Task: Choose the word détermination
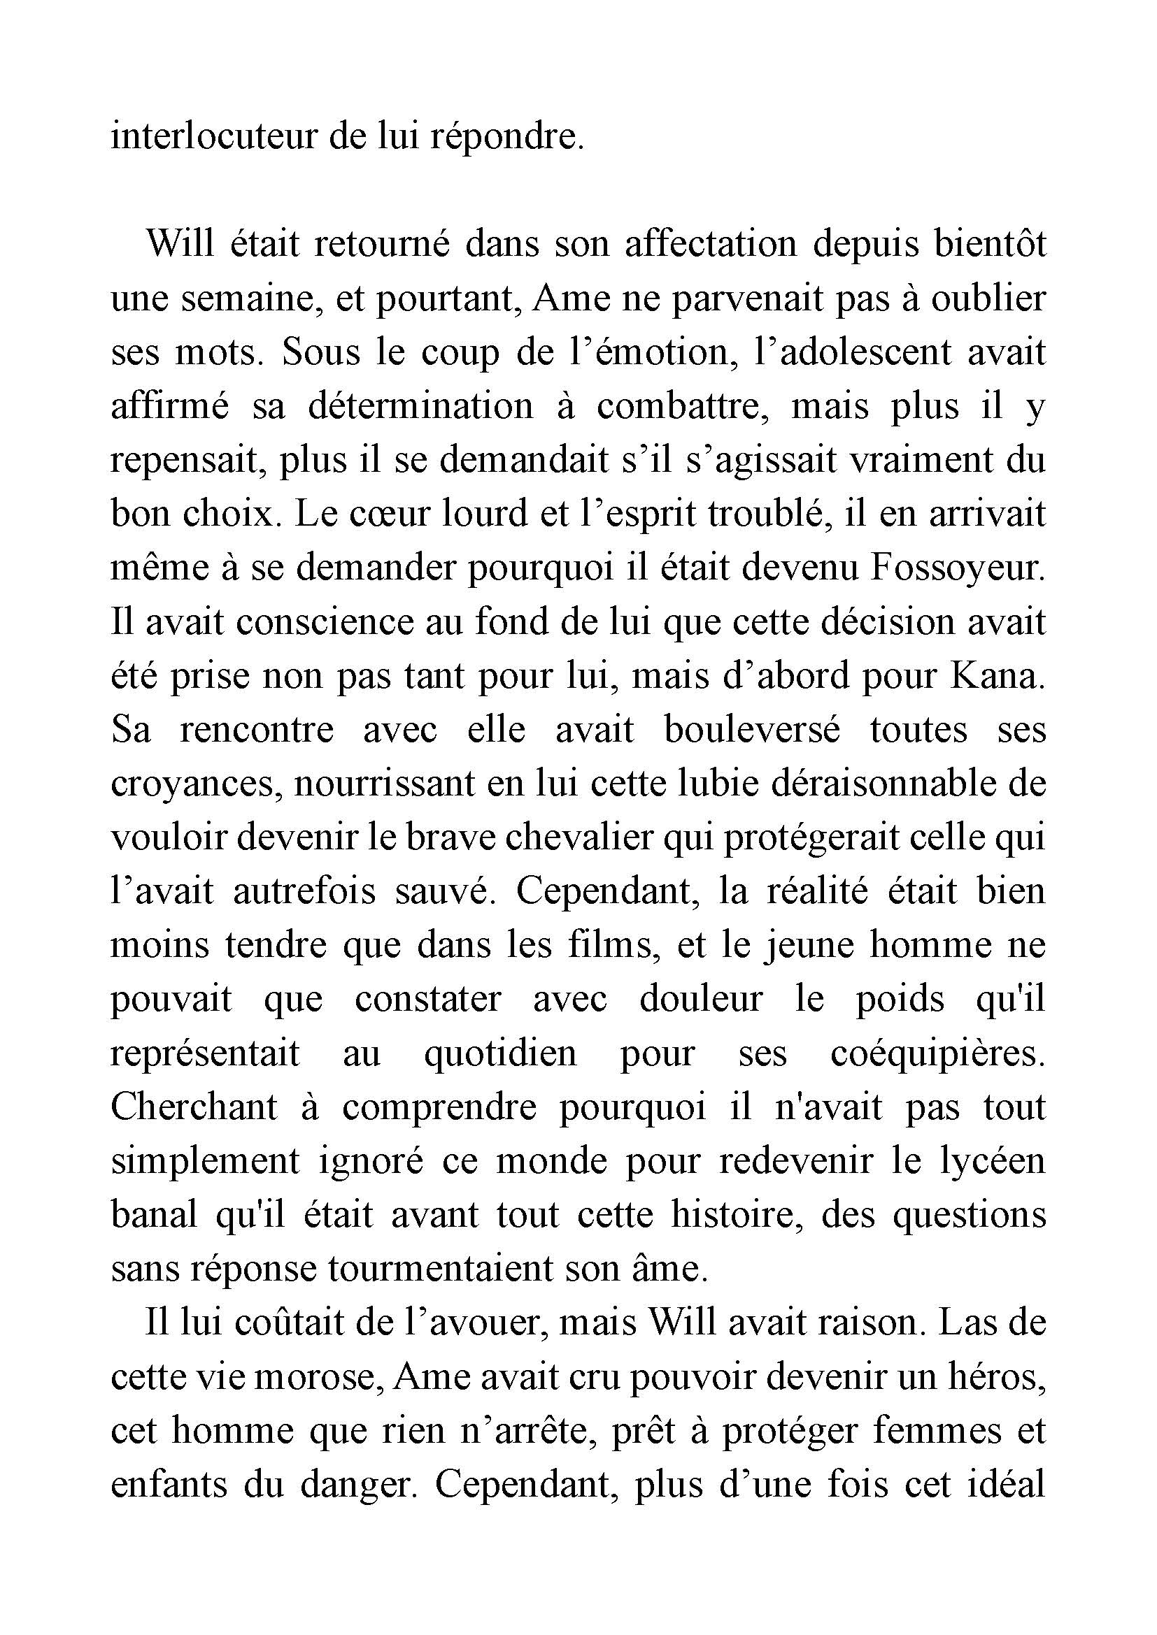(x=421, y=406)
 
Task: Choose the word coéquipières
(x=937, y=1053)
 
